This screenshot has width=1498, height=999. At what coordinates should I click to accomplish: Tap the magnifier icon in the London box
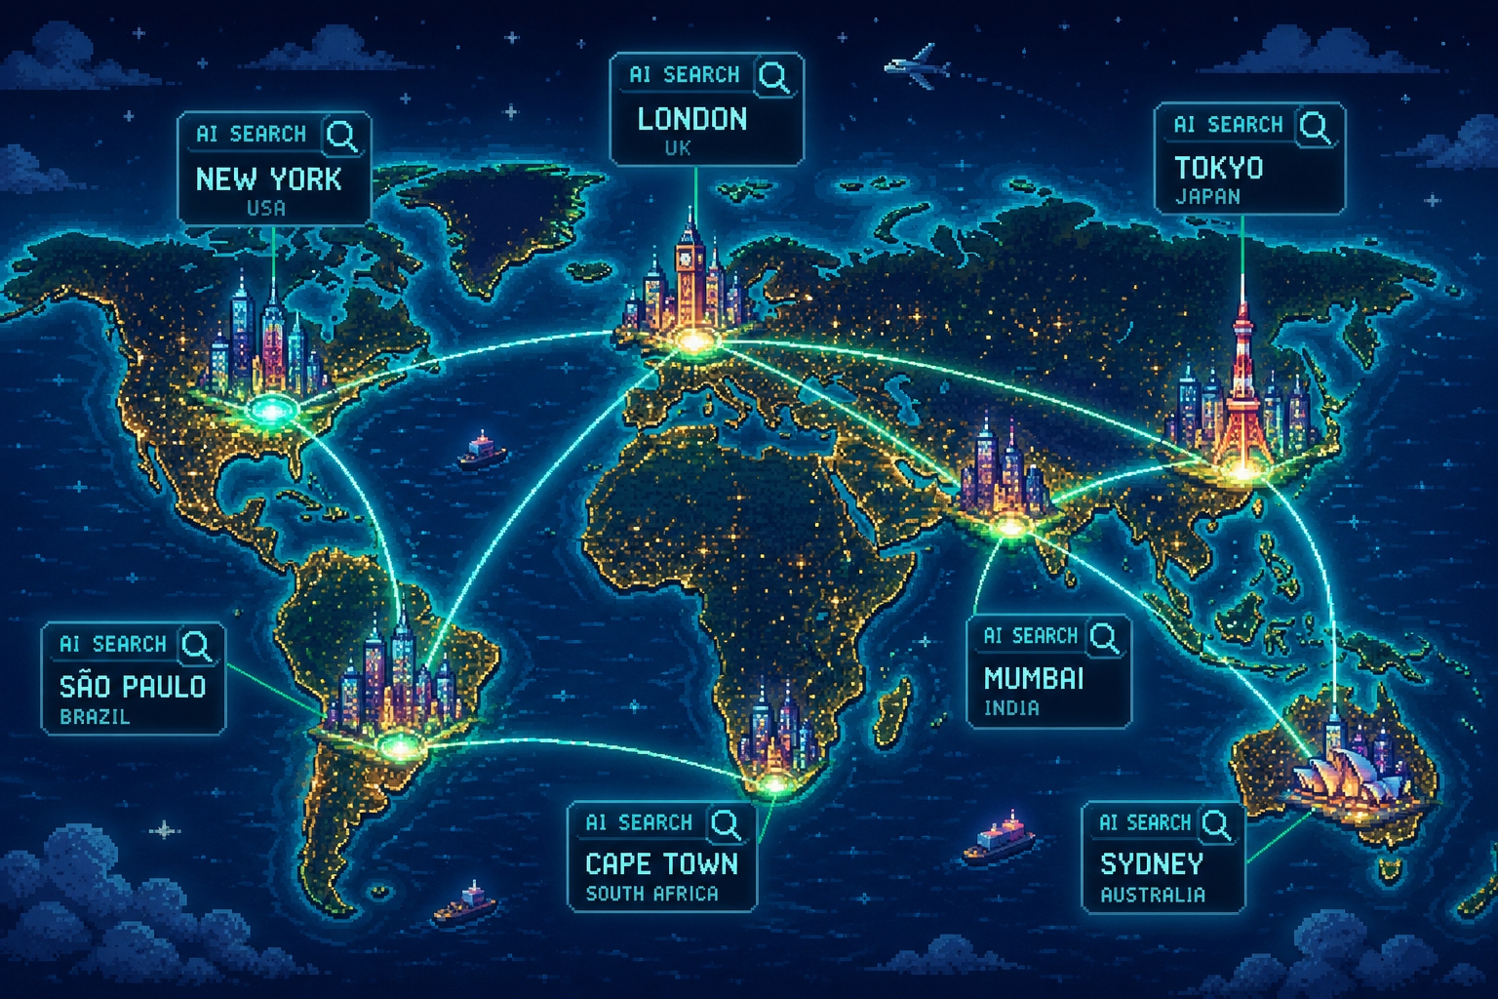[774, 76]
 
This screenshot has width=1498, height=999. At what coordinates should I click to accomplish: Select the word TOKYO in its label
[1218, 168]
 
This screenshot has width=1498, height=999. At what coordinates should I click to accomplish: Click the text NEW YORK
[268, 180]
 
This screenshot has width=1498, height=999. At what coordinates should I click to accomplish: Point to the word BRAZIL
[95, 717]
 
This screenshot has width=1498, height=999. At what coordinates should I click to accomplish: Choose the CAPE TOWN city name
[661, 864]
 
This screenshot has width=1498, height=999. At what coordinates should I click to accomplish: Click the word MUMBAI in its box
[1034, 678]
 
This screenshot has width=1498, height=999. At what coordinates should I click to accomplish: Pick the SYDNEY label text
[1152, 864]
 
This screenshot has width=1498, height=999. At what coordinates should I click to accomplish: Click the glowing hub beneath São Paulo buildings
[397, 746]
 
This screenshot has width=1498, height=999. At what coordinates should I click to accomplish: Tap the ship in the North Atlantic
[482, 451]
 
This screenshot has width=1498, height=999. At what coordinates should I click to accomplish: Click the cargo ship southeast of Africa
[999, 841]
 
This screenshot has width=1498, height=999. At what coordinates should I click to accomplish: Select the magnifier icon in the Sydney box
[1216, 824]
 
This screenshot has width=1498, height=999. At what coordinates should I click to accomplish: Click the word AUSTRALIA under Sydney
[1153, 895]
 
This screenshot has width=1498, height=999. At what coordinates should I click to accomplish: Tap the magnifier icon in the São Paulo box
[197, 645]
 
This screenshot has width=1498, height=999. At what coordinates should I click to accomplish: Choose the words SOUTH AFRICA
[651, 894]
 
